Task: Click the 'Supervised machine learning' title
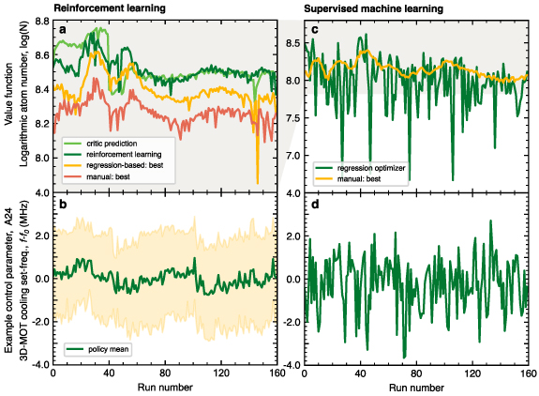pos(364,8)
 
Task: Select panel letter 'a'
pos(63,31)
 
